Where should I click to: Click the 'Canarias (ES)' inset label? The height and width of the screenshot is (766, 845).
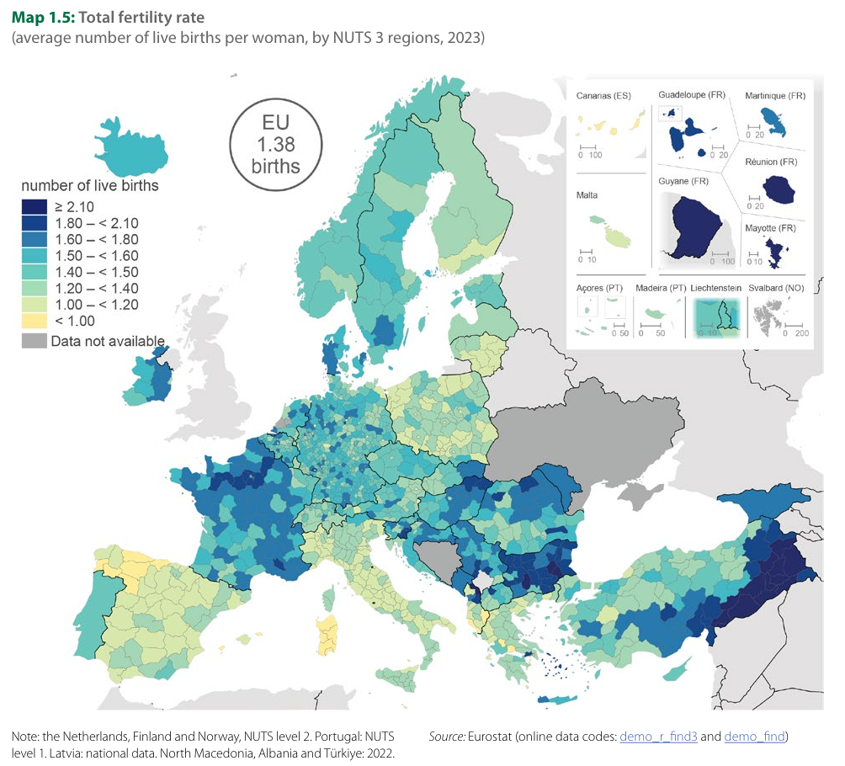[x=603, y=96]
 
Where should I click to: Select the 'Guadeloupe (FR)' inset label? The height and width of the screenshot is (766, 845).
[x=691, y=96]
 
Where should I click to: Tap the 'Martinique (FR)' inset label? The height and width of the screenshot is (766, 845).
[x=775, y=96]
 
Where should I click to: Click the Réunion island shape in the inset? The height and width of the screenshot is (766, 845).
[x=779, y=190]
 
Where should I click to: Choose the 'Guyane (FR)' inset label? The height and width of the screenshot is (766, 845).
[x=686, y=182]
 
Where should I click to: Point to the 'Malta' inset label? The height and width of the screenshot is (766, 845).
[x=587, y=195]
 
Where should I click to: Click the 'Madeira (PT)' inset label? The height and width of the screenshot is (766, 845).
[x=660, y=288]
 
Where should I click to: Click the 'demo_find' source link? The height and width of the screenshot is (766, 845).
[x=754, y=737]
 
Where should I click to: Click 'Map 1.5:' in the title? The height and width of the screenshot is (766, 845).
[x=42, y=17]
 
